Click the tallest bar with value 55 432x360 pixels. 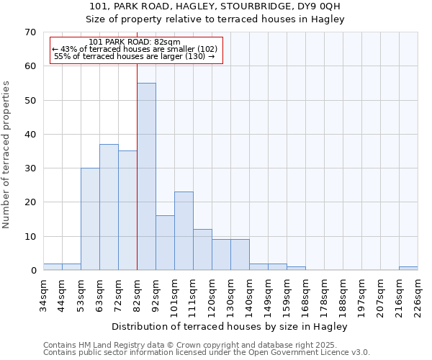point(146,176)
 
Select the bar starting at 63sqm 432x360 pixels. point(109,207)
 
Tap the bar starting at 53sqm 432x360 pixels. point(90,219)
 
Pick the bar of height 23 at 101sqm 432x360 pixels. point(184,231)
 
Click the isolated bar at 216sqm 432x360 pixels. point(408,269)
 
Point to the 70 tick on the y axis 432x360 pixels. point(30,32)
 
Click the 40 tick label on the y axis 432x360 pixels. point(30,135)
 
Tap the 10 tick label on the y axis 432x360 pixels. point(30,237)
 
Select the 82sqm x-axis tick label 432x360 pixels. point(137,293)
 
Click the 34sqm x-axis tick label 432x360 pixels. point(43,293)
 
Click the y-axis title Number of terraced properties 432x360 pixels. point(7,154)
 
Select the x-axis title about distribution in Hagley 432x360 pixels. point(230,327)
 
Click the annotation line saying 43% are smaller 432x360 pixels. point(135,49)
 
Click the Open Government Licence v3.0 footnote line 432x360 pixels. point(207,353)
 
